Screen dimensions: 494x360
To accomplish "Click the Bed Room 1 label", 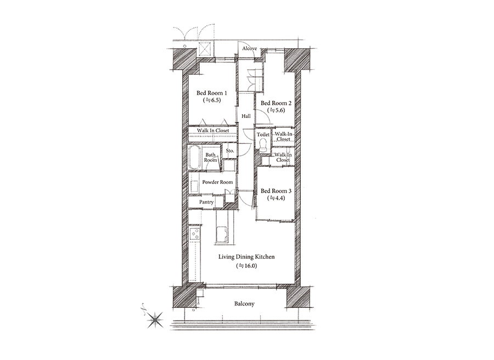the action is tap(212, 93).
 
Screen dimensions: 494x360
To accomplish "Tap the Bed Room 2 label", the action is tap(276, 103).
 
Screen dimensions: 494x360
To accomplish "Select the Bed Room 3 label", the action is tap(276, 191).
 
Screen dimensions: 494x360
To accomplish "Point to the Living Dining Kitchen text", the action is tap(246, 257).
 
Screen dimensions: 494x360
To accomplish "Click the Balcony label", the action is tap(244, 304).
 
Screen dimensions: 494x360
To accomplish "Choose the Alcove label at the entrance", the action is tap(250, 48).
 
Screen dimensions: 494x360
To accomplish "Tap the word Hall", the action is tap(246, 116).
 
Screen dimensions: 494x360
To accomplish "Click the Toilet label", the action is tap(263, 134).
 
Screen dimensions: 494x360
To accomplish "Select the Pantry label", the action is tap(206, 202).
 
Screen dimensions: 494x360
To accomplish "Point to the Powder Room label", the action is tap(217, 182).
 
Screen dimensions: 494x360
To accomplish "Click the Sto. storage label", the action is tap(230, 151).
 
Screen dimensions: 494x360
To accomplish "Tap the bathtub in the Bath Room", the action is tap(195, 158).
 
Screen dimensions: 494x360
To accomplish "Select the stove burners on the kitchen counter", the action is tap(195, 234).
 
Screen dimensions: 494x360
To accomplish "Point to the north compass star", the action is tap(156, 320).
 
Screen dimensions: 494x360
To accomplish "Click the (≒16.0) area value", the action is tap(246, 266).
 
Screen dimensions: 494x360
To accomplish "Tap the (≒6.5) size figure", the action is tap(212, 100).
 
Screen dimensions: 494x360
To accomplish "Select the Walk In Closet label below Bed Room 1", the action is tap(213, 131).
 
